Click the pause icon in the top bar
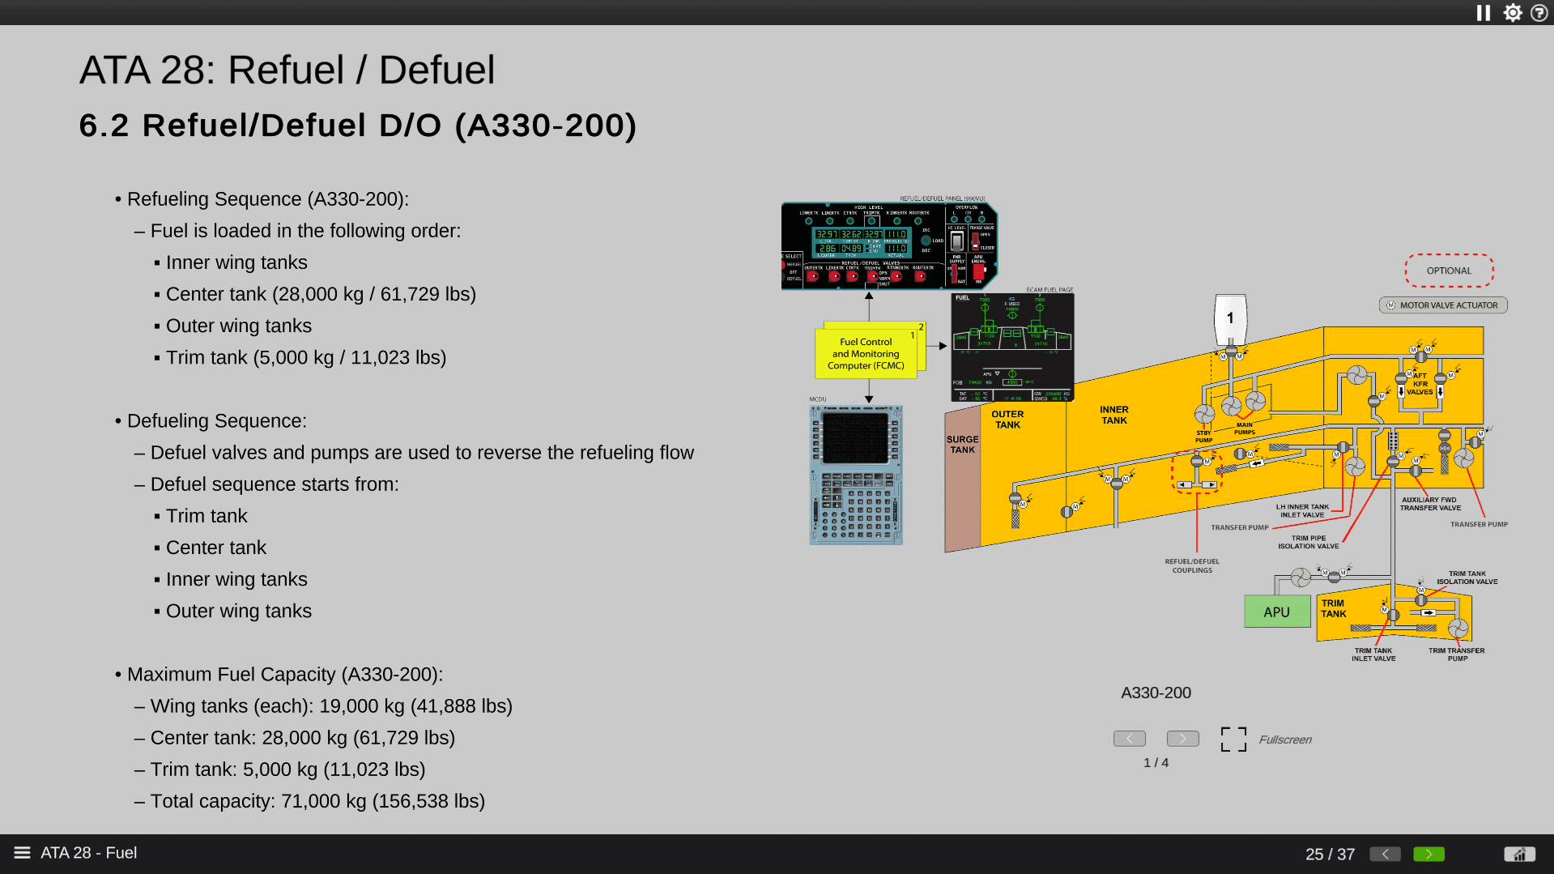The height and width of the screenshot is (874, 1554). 1483,13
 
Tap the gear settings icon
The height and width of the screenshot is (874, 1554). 1512,13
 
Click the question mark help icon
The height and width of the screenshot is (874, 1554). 1539,13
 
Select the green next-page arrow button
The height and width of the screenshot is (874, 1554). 1428,854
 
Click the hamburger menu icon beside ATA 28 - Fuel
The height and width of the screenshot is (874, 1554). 22,853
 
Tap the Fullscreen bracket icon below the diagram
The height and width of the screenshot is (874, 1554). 1233,739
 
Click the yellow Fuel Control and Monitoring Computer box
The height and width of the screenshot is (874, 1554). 866,354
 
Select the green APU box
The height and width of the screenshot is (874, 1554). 1276,612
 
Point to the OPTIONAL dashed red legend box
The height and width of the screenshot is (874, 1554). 1449,271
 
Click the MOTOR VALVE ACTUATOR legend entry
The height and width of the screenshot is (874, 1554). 1443,305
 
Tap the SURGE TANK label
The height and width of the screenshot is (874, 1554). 962,445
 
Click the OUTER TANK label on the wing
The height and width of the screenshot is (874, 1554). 1007,420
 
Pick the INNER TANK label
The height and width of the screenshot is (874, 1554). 1113,415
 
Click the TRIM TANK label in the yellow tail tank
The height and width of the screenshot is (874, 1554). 1333,608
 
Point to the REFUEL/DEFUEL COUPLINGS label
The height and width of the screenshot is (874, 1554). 1192,565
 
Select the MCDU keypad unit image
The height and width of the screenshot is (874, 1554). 856,475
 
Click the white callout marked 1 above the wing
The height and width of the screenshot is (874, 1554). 1230,318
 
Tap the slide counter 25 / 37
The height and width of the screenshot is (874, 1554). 1329,854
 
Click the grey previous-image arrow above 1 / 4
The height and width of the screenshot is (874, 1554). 1129,739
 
